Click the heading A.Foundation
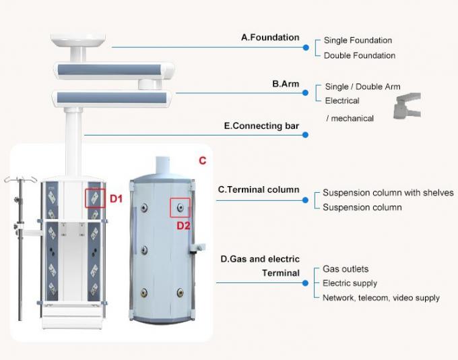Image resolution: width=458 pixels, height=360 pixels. tap(270, 38)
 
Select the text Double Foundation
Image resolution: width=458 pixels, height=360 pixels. tap(359, 55)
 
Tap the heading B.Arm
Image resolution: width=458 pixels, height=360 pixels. tap(286, 84)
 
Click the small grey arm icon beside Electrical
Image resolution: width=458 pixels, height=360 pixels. tap(406, 104)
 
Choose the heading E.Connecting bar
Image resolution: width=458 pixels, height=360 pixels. tap(261, 125)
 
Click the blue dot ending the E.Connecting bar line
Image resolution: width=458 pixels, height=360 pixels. tap(305, 135)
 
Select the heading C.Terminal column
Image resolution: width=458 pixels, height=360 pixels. tap(258, 190)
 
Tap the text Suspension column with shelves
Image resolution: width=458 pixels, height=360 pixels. tap(388, 193)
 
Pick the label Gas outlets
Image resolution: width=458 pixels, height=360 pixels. tap(346, 269)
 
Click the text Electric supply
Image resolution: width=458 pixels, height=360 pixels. tap(350, 283)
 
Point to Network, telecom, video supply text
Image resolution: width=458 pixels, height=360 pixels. tap(381, 297)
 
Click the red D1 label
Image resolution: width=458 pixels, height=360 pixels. tap(116, 199)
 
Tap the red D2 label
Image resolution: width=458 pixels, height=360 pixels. tap(184, 226)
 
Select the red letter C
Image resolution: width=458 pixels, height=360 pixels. tap(202, 161)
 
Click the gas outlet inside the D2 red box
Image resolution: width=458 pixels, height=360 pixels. tap(180, 207)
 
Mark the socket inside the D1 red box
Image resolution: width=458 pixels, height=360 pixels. tap(95, 198)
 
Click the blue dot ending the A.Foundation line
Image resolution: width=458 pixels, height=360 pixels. tap(306, 47)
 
